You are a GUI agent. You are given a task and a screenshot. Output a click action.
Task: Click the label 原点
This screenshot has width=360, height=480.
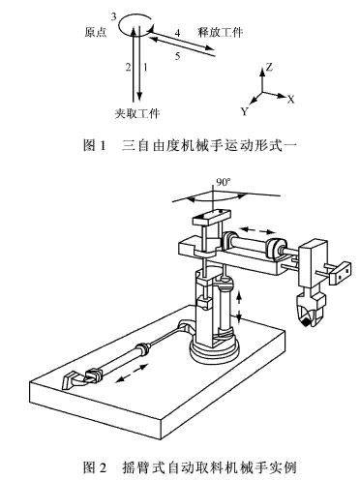coord(95,32)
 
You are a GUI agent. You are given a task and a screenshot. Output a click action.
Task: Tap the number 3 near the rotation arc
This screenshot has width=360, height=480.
coord(114,17)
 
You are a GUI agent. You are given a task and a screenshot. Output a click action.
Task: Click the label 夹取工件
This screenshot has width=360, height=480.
coord(135,113)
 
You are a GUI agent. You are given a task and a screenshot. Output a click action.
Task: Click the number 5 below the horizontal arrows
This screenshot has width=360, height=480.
coord(177,56)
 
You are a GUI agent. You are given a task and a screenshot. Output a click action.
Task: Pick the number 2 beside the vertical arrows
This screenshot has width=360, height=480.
coord(128,67)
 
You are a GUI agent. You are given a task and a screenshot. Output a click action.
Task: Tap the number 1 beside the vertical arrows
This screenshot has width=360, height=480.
coord(145,67)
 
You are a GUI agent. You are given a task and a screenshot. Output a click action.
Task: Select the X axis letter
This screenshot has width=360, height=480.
coord(290,100)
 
